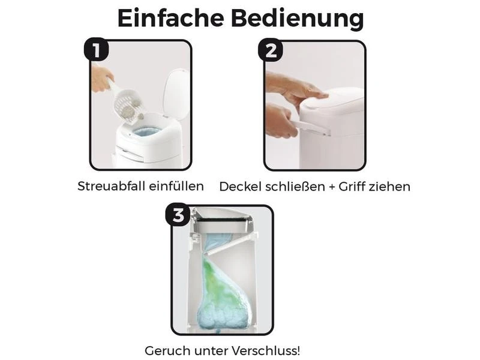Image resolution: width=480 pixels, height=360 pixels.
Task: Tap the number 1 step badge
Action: (96, 50)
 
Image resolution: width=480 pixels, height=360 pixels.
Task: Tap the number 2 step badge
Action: (271, 50)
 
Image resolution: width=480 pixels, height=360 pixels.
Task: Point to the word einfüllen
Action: (175, 186)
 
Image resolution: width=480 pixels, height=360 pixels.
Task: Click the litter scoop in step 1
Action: (128, 104)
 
